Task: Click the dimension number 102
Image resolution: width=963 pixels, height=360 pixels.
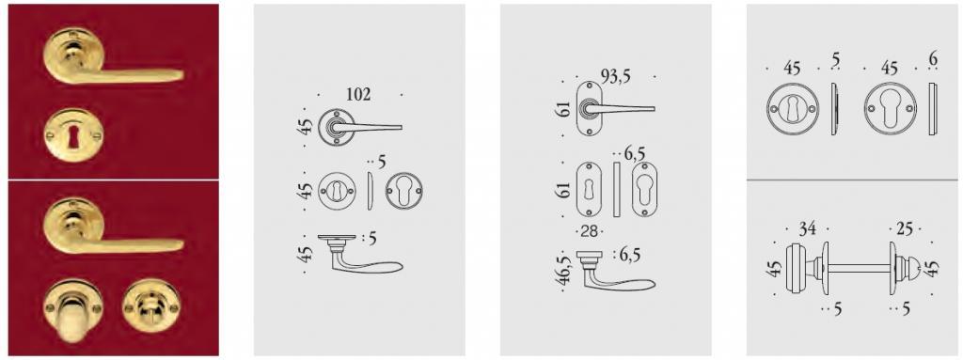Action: (x=358, y=95)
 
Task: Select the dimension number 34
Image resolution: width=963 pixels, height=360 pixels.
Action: (x=807, y=228)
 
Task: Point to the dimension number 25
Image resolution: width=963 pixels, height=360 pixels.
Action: (x=904, y=228)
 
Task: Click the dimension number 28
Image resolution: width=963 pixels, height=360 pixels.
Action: (x=589, y=230)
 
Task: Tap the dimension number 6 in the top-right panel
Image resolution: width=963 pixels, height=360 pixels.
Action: (x=934, y=58)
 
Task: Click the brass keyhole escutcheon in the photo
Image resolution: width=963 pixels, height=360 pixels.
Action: (x=73, y=135)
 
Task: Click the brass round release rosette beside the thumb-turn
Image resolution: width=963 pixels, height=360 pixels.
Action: (x=147, y=305)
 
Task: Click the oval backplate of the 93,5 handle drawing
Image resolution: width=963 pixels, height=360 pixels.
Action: (x=589, y=109)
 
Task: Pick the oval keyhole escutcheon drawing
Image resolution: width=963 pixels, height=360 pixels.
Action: (x=589, y=189)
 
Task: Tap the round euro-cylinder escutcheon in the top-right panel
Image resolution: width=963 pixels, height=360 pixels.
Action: (x=890, y=109)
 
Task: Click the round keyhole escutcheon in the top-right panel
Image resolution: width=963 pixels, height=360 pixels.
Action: (x=792, y=109)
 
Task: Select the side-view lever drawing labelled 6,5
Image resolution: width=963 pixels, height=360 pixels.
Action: (x=615, y=273)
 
